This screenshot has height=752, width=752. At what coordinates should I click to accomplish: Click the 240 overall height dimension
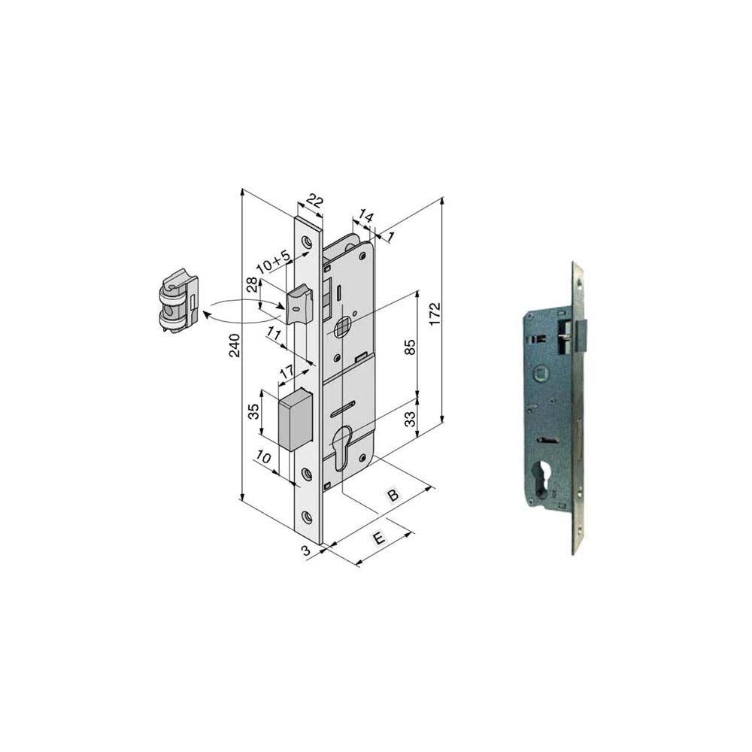(x=235, y=345)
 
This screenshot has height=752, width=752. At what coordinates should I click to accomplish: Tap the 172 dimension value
(x=435, y=314)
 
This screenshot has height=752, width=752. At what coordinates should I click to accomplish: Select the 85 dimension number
(x=411, y=347)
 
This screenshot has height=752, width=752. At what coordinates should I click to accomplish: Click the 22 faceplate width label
(x=314, y=201)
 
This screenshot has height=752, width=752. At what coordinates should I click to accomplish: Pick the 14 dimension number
(x=365, y=217)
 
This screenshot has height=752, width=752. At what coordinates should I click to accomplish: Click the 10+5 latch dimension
(x=274, y=262)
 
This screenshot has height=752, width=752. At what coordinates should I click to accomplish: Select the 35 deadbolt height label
(x=253, y=412)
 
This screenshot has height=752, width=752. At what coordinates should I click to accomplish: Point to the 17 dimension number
(x=287, y=372)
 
